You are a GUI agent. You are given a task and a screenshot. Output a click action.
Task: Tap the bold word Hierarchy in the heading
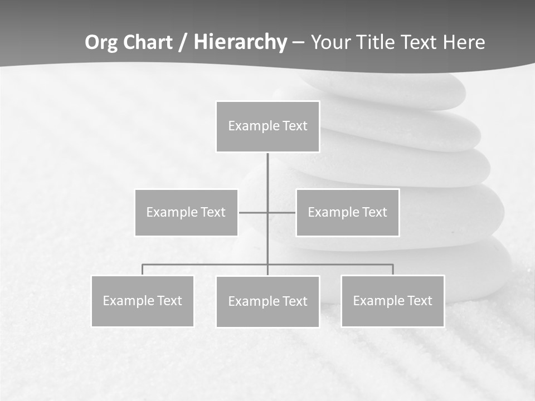point(240,42)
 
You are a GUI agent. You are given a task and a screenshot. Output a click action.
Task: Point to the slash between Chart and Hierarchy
point(183,43)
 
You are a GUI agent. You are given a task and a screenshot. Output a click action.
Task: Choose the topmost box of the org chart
point(267,126)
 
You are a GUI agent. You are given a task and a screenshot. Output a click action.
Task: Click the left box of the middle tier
point(186,213)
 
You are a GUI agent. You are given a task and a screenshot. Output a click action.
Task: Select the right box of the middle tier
point(347,213)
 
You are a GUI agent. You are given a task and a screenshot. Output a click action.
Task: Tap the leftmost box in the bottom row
point(143,301)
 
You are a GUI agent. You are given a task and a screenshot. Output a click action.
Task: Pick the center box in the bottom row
point(267,302)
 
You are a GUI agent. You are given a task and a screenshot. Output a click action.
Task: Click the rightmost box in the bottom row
point(393,301)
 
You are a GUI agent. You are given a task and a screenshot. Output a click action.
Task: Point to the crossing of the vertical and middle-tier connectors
point(267,212)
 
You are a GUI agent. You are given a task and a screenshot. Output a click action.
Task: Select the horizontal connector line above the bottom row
point(334,265)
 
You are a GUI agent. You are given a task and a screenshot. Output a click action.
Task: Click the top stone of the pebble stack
point(390,89)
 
